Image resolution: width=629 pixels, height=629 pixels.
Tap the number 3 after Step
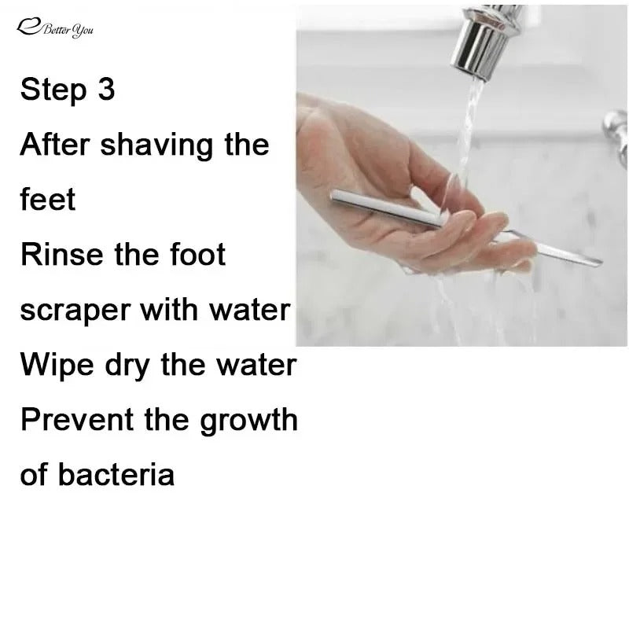tap(106, 90)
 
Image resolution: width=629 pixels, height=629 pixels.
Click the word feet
tap(48, 200)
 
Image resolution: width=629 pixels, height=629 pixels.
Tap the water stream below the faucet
tap(470, 118)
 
